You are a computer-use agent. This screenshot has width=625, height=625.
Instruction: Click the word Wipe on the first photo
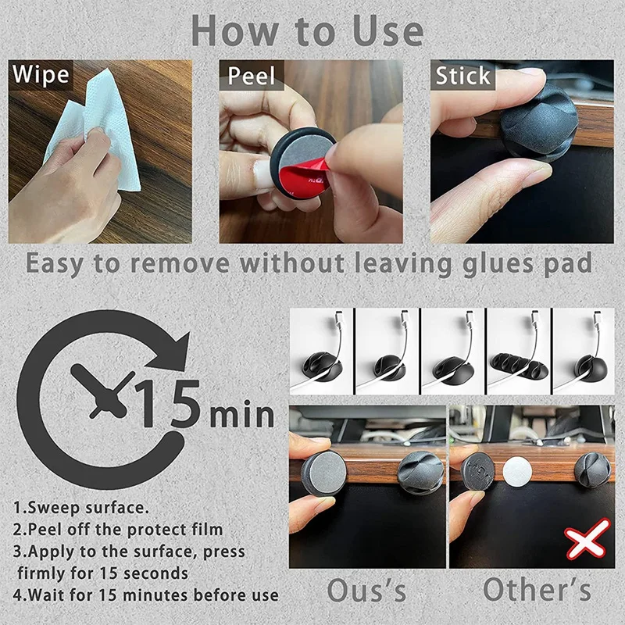pos(41,76)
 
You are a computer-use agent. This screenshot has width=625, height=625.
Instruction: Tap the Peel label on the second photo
pos(252,76)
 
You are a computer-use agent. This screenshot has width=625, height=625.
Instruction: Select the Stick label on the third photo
pos(463,76)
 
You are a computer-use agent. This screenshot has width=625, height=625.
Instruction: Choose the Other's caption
pos(536,590)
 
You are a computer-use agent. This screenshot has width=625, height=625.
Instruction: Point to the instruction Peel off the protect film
pos(117,530)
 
